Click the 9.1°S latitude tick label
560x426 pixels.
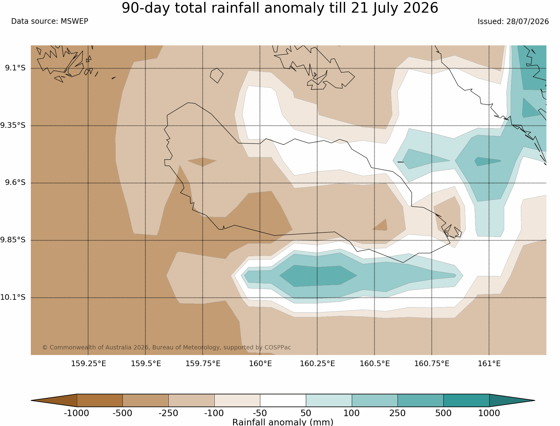coord(15,68)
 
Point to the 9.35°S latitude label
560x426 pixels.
coord(13,125)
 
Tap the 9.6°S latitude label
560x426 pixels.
coord(15,183)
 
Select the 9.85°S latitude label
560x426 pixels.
coord(13,240)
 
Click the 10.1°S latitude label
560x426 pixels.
coord(13,297)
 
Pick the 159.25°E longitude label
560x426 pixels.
coord(89,364)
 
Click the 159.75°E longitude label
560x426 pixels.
coord(203,364)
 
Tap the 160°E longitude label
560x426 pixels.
coord(260,364)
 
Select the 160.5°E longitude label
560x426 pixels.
coord(375,364)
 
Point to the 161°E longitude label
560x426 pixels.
coord(489,364)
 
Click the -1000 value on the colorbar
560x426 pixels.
coord(76,413)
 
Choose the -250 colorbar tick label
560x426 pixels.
coord(168,413)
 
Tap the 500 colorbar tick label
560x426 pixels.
coord(443,413)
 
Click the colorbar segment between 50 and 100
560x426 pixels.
coord(329,400)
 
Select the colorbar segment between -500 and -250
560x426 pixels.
coord(146,400)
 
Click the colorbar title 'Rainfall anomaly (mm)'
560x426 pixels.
coord(283,422)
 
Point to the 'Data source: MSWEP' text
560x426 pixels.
coord(50,21)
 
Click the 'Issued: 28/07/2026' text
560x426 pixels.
coord(513,22)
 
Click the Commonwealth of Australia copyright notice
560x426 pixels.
coord(167,347)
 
